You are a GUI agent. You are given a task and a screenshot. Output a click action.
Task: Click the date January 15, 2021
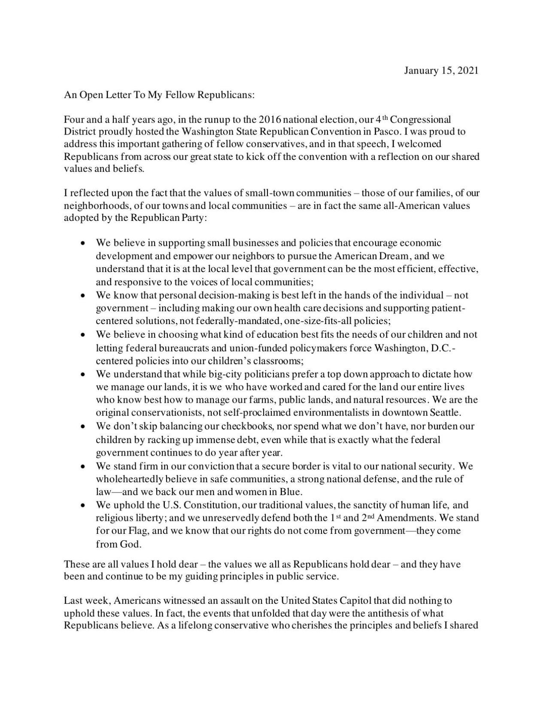coord(441,71)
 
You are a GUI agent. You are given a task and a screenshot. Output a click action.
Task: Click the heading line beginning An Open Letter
coord(159,95)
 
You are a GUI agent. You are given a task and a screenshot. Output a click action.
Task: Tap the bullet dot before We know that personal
coord(83,296)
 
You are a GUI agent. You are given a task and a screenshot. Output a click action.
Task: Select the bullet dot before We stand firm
coord(83,466)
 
